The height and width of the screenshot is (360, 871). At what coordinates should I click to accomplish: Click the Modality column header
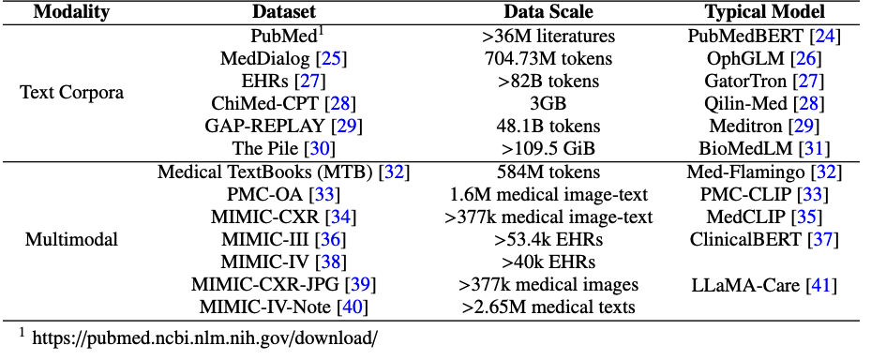[x=71, y=13]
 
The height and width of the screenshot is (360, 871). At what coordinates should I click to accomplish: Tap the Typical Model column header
[x=765, y=13]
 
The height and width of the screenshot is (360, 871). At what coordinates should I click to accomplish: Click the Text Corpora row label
[x=71, y=93]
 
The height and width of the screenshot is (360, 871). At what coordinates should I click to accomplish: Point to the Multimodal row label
[x=71, y=239]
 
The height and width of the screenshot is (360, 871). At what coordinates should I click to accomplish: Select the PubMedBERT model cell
[x=765, y=37]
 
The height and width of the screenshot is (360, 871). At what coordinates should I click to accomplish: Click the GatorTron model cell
[x=765, y=81]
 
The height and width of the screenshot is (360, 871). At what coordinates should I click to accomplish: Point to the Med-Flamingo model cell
[x=765, y=172]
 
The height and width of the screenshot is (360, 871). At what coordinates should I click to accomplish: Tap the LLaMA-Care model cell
[x=765, y=284]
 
